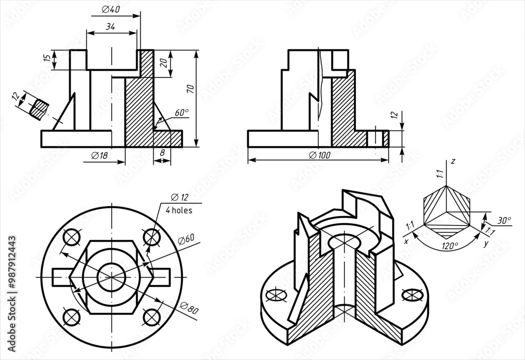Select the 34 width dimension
pos(110,27)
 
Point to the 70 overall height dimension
pos(190,89)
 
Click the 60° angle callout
pos(181,112)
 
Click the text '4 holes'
pos(179,210)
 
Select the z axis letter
pos(453,162)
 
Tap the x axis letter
pos(406,242)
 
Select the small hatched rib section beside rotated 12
pos(38,108)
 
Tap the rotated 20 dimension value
pos(163,63)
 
